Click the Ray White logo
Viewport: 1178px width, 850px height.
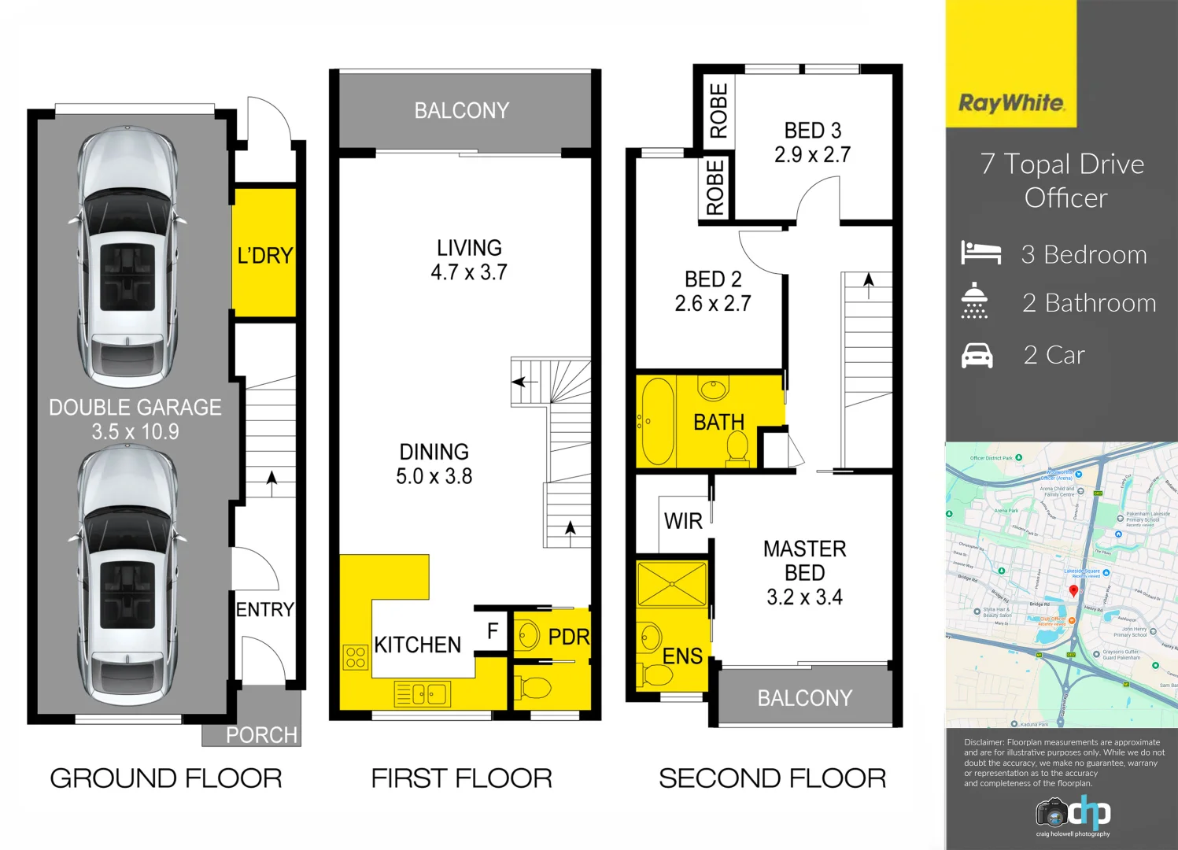(1011, 103)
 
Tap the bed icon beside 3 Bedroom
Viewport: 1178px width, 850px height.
(980, 253)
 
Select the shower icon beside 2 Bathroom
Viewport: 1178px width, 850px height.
(974, 301)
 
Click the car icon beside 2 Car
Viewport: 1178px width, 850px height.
(977, 356)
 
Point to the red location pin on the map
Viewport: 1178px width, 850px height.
(1073, 591)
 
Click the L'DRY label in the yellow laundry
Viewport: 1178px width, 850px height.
(265, 256)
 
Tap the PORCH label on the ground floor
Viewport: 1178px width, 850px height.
(261, 735)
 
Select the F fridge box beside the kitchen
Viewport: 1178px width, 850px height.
(493, 631)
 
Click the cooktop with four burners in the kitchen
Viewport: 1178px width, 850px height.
(356, 657)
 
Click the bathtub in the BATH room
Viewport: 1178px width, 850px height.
(658, 422)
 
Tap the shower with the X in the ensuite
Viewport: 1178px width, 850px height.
(672, 584)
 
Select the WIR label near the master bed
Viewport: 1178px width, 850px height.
(683, 522)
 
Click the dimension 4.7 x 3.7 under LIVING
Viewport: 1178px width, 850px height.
(469, 272)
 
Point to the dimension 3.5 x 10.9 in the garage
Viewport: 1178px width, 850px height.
(135, 432)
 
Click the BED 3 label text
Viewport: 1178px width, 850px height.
(813, 131)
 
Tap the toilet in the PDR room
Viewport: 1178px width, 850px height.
(535, 687)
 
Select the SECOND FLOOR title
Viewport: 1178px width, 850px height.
(772, 778)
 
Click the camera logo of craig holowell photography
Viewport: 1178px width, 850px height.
(1052, 812)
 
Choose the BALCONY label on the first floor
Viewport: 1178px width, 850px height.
(462, 111)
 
